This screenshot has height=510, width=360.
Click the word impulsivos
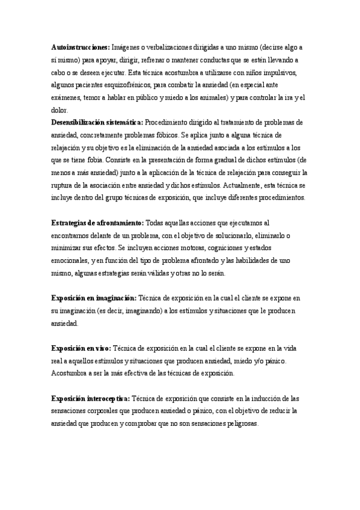click(x=281, y=73)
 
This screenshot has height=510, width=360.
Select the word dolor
click(x=60, y=111)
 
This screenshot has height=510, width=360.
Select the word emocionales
click(x=72, y=260)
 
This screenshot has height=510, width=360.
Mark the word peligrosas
click(x=237, y=423)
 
